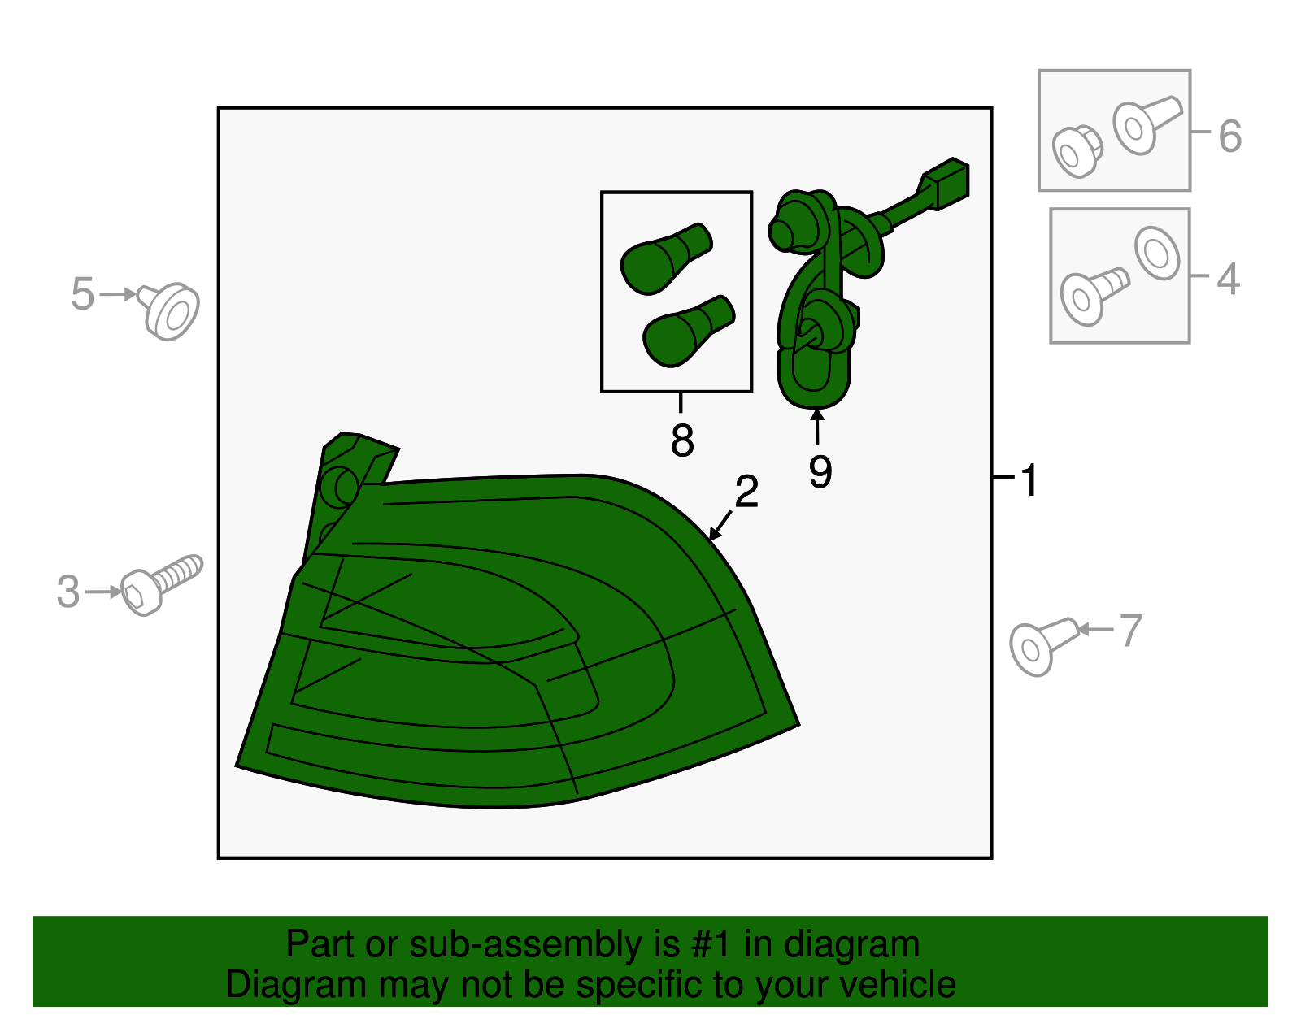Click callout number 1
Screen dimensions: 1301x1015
(1029, 480)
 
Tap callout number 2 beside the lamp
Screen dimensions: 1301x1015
(746, 492)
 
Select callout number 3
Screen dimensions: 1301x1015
(68, 592)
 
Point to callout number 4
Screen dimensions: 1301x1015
(1228, 280)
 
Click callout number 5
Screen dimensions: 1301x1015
(83, 294)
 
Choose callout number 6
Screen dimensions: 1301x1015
(1230, 137)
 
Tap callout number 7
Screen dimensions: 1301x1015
(1131, 631)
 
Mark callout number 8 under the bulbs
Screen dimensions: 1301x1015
(682, 440)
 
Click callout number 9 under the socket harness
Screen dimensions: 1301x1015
(820, 472)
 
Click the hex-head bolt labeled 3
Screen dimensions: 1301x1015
(161, 583)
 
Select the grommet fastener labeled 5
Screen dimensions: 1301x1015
(169, 311)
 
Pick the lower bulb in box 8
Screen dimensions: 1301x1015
(689, 331)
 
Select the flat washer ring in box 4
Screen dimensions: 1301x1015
(1157, 253)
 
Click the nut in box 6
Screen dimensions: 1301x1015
(1077, 151)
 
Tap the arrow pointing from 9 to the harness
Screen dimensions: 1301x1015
(817, 427)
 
